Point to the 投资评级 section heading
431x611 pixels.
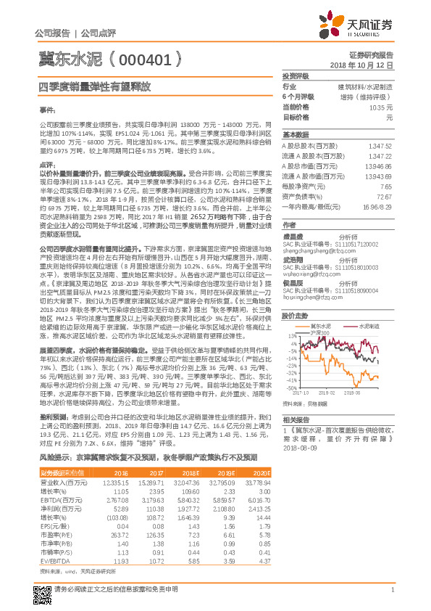pos(296,75)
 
